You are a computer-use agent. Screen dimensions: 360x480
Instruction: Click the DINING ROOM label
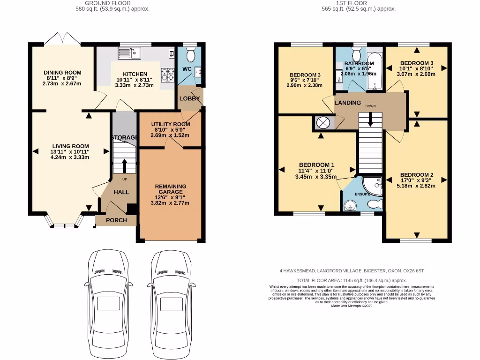point(62,73)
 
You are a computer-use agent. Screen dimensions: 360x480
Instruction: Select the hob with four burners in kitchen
point(167,74)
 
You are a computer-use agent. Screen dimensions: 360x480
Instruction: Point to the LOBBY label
point(190,99)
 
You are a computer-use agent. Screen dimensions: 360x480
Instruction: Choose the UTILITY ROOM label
point(170,124)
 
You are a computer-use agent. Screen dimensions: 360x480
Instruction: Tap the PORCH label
point(116,220)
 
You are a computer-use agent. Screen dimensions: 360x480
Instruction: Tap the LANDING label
point(347,103)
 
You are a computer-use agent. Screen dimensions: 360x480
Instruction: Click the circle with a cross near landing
point(323,123)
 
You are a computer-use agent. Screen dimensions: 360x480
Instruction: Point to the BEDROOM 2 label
point(417,174)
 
